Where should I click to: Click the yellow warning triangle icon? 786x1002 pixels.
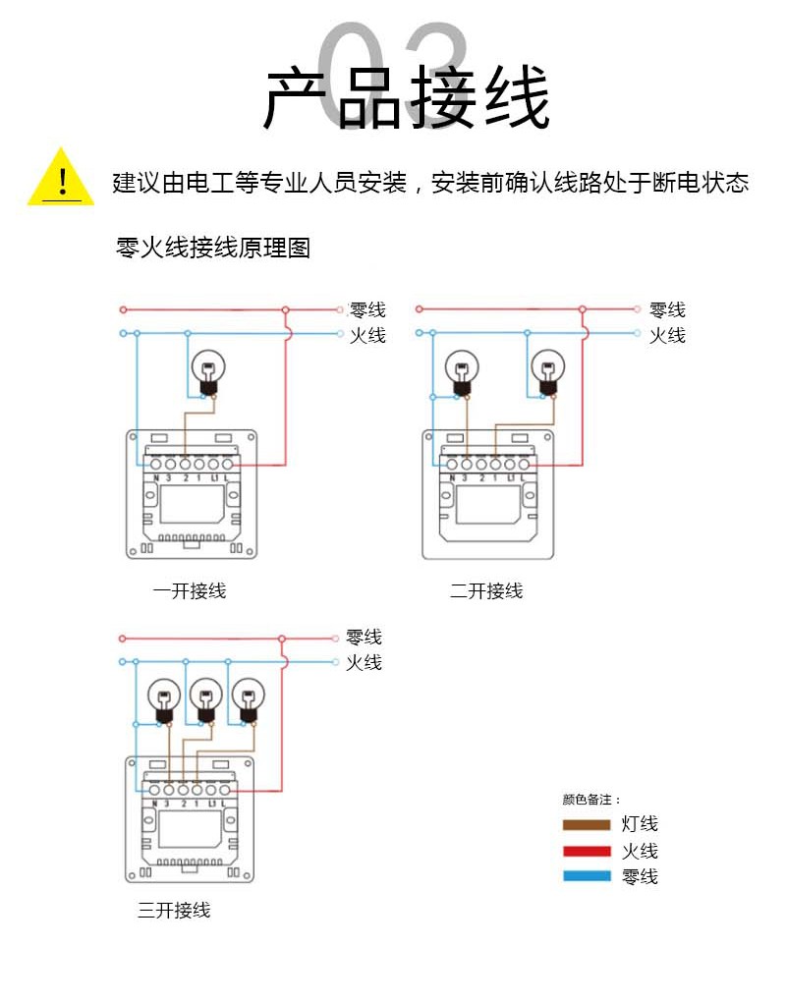[x=61, y=180]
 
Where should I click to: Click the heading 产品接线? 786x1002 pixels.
[x=406, y=98]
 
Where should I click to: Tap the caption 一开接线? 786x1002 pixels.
[x=190, y=591]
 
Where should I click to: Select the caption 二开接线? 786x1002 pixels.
[x=486, y=591]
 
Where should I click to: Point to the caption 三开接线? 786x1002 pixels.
[x=174, y=911]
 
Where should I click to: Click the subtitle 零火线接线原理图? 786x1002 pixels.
[x=213, y=248]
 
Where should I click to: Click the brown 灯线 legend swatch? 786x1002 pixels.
[x=587, y=825]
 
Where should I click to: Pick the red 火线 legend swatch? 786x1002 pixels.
[x=587, y=851]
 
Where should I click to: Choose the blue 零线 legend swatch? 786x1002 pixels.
[x=587, y=876]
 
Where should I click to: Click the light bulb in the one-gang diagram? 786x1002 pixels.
[x=208, y=371]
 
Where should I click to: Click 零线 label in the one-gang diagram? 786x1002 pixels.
[x=367, y=309]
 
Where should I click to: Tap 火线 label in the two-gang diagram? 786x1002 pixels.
[x=667, y=335]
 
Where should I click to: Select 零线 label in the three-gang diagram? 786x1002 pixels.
[x=364, y=638]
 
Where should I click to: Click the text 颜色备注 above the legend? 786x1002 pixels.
[x=590, y=800]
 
